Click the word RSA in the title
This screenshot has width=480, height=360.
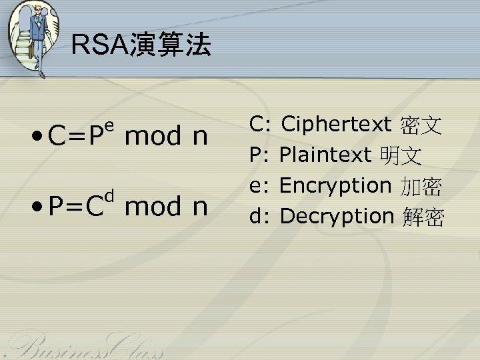pos(95,46)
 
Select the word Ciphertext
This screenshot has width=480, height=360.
pos(336,124)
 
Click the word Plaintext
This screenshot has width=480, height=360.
pos(325,155)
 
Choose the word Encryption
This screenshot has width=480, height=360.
pos(335,185)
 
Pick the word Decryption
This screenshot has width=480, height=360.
pos(337,216)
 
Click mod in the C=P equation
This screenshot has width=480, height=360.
pos(153,136)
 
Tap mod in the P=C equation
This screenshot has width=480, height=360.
pos(153,207)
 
